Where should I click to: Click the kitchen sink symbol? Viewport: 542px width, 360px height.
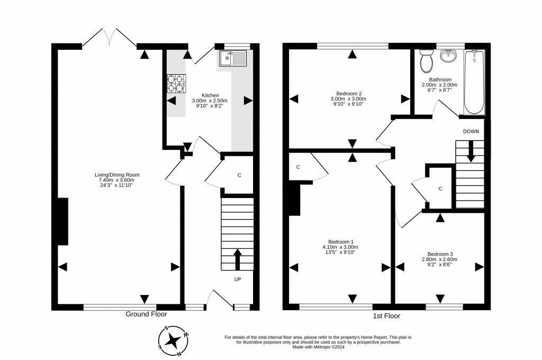(x=233, y=58)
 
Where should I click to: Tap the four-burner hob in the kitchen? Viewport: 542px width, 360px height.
(x=176, y=84)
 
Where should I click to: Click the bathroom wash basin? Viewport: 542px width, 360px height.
(x=449, y=56)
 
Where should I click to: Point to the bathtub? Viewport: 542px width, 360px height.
(x=474, y=82)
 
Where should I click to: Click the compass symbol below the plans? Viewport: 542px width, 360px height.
(x=173, y=341)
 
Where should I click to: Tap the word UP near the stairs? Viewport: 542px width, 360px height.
(x=238, y=279)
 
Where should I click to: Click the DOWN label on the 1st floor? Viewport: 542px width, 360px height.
(x=471, y=131)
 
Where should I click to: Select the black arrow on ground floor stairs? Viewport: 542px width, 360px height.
(x=238, y=259)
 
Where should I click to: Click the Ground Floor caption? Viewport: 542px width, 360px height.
(x=146, y=314)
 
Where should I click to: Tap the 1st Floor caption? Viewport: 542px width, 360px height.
(x=386, y=316)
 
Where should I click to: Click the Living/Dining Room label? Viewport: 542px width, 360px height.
(x=117, y=175)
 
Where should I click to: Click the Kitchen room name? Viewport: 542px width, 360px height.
(x=210, y=95)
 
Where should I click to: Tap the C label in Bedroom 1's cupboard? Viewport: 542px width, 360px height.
(x=298, y=167)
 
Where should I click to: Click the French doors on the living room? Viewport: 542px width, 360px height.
(x=109, y=38)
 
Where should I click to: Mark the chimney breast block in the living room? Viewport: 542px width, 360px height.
(x=62, y=222)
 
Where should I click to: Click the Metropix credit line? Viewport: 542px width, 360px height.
(x=318, y=347)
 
